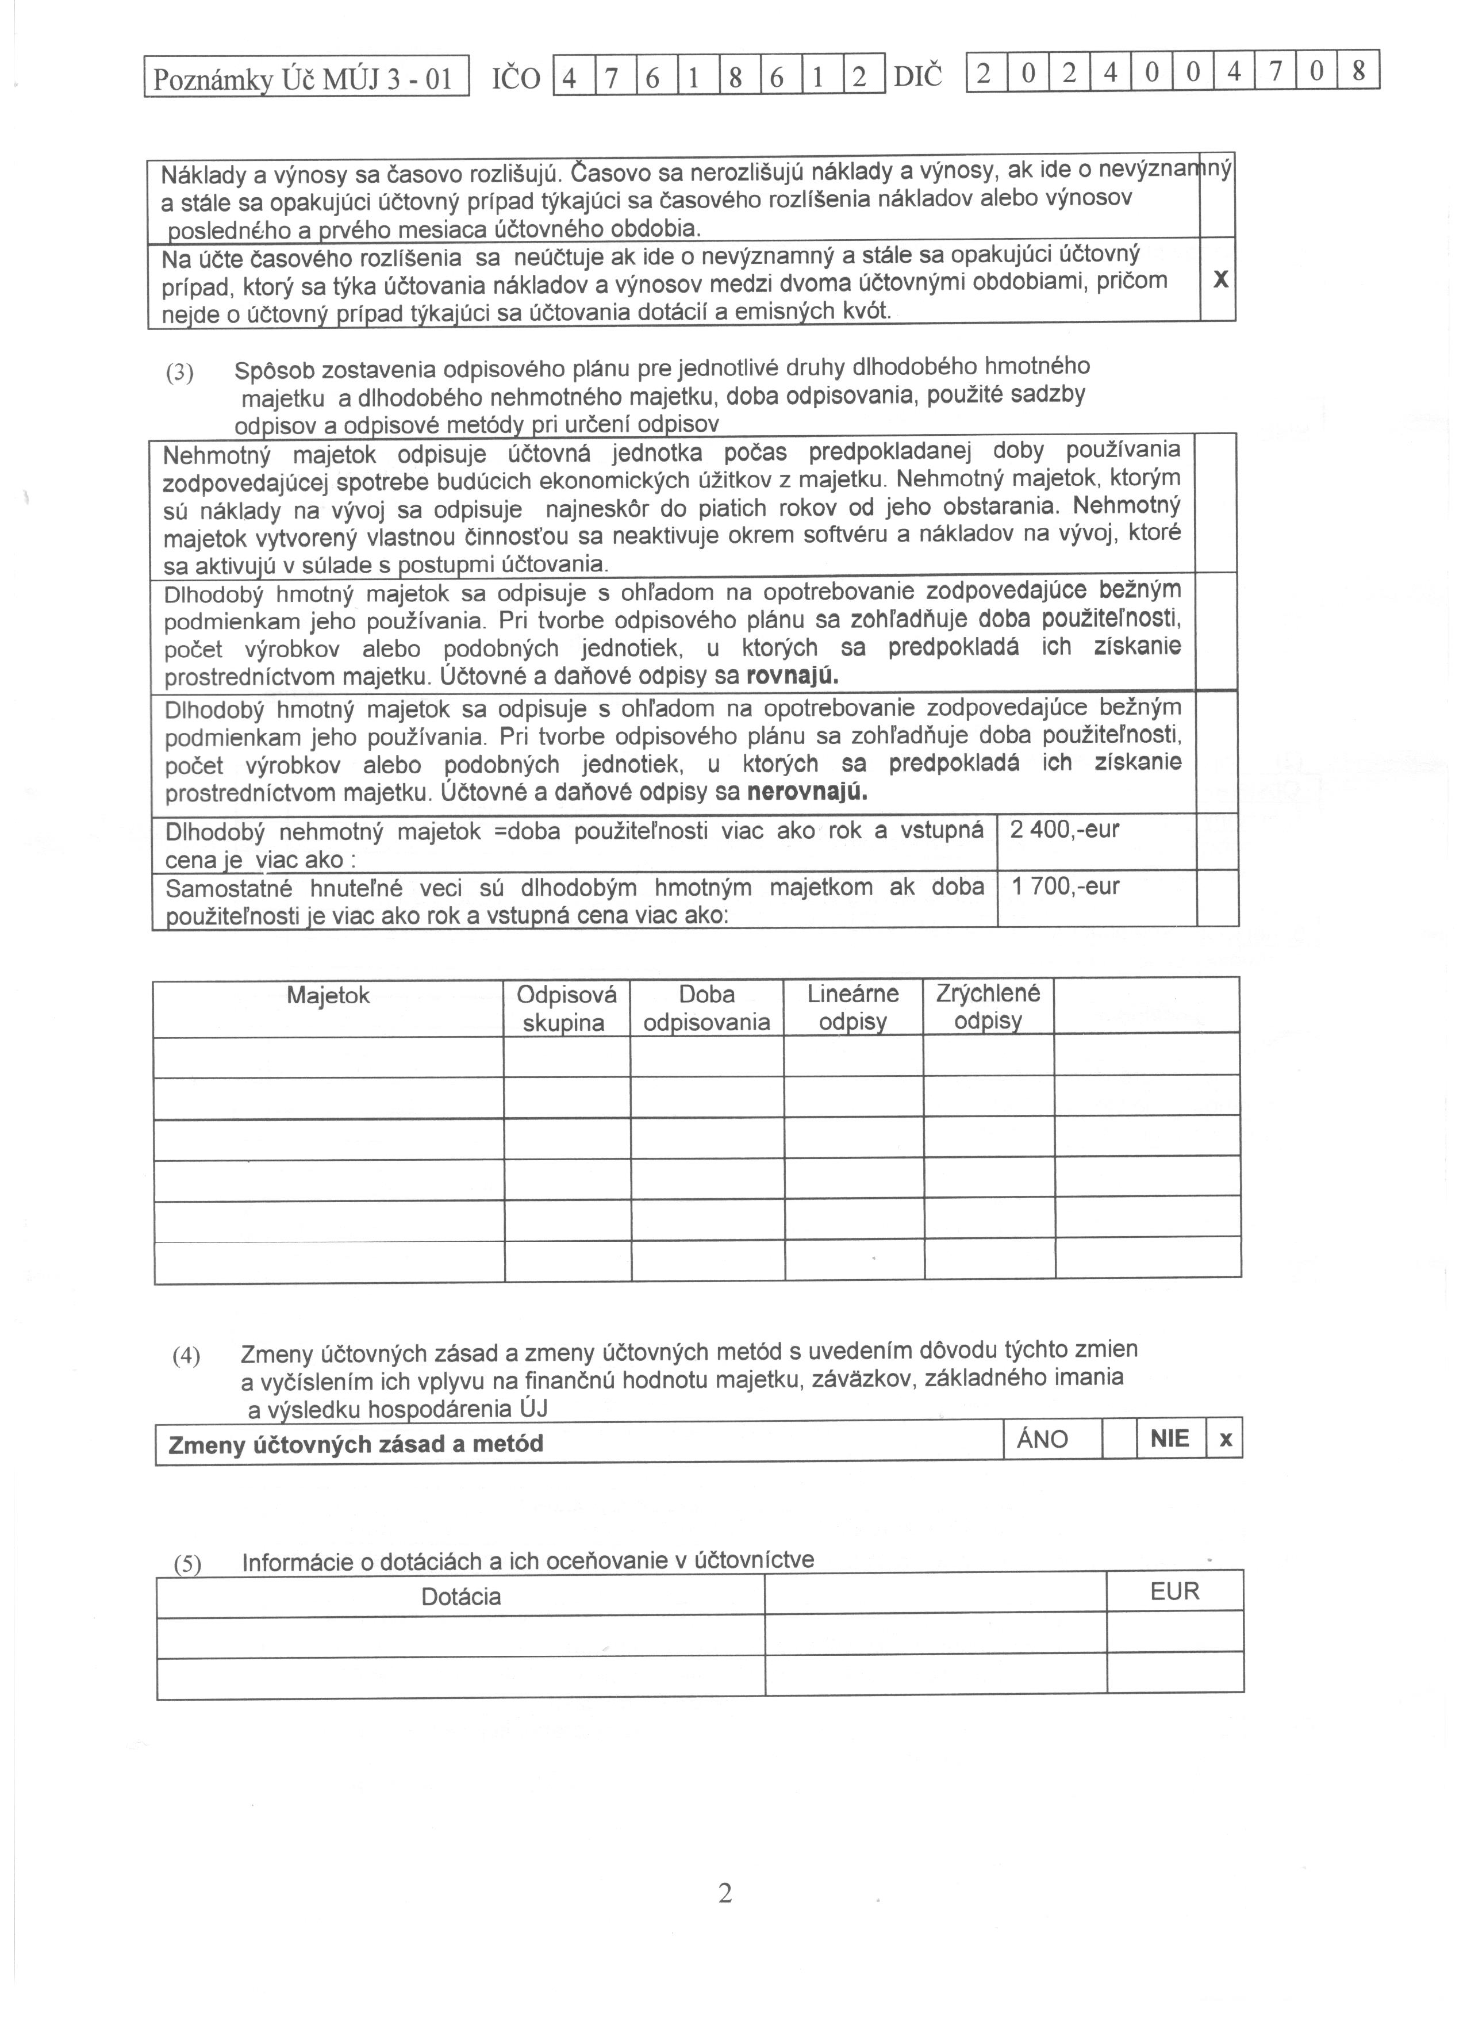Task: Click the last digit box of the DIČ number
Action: (1358, 71)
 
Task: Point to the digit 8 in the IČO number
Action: (735, 78)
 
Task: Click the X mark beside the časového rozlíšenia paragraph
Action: (1220, 279)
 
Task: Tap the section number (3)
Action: (180, 373)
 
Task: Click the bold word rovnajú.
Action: (792, 676)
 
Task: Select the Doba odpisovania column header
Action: (706, 1008)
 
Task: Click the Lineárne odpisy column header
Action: (852, 1007)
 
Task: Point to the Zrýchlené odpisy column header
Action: (988, 1006)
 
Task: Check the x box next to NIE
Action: (1225, 1440)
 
